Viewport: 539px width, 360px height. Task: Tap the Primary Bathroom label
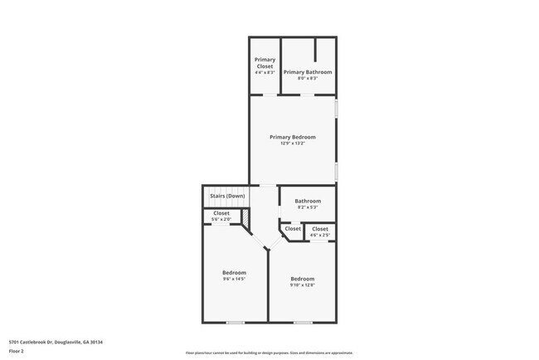pos(308,72)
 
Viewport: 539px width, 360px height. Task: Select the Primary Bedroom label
pos(292,137)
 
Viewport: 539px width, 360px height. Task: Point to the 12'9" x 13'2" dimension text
pos(292,144)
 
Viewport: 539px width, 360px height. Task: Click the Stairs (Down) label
pos(226,196)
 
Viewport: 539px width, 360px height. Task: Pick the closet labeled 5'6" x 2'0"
pos(221,216)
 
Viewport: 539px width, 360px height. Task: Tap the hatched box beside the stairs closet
pos(245,216)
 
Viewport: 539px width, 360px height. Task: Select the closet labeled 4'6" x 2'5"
pos(319,232)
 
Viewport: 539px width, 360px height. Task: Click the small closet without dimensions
pos(293,229)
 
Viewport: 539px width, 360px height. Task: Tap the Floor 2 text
pos(17,351)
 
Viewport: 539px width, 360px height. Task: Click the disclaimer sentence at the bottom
pos(269,353)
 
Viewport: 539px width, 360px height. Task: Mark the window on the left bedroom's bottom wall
pos(236,322)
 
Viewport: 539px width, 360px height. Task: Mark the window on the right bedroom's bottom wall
pos(303,322)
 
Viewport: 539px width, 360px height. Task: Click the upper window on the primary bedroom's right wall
pos(336,109)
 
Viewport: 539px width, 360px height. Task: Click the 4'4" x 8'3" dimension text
pos(265,73)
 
